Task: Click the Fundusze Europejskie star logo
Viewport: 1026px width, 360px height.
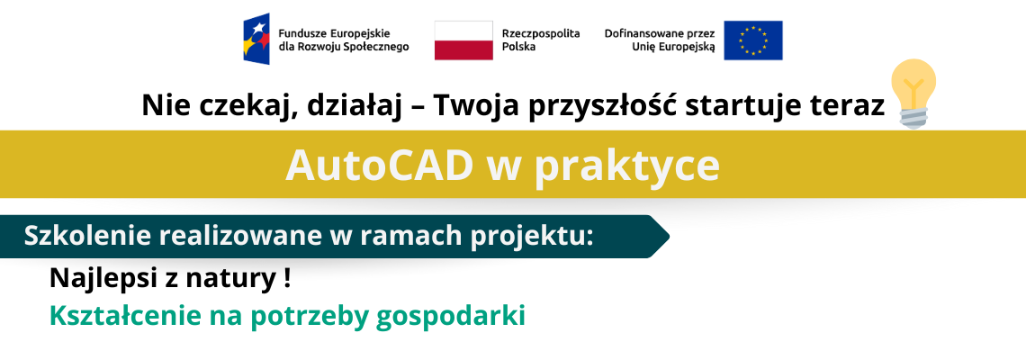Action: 256,40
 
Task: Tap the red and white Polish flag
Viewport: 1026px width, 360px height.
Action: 463,40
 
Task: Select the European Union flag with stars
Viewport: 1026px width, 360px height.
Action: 752,40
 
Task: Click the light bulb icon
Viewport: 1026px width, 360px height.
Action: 913,93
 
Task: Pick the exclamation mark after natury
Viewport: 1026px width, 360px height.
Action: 287,280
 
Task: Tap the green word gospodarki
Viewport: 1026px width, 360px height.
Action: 452,318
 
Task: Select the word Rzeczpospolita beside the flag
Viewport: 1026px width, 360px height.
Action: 541,34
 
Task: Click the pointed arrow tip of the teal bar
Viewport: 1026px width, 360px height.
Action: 669,237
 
